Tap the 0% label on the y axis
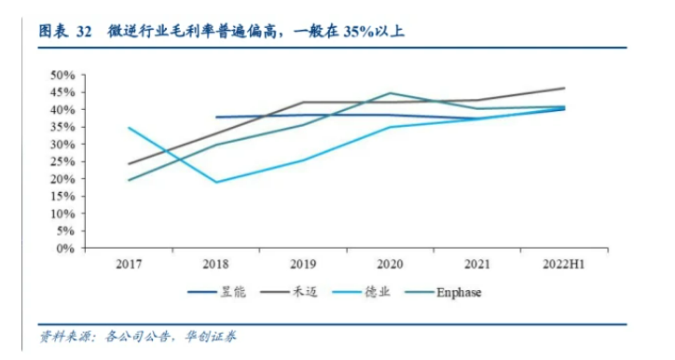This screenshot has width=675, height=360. click(x=64, y=249)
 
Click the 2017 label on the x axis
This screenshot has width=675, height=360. click(x=130, y=265)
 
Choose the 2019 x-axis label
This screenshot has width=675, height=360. click(x=303, y=265)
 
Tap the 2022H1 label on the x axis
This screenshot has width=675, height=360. click(x=563, y=265)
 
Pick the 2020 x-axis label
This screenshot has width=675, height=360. click(x=390, y=265)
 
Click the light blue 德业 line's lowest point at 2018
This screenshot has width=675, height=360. click(x=216, y=182)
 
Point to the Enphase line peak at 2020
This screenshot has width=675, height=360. click(x=390, y=93)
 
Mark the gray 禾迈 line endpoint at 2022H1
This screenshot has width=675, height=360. click(x=563, y=89)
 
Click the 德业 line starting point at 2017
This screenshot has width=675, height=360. click(x=130, y=128)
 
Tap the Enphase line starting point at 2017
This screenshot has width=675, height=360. click(x=130, y=180)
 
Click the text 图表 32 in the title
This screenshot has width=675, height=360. click(x=64, y=33)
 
